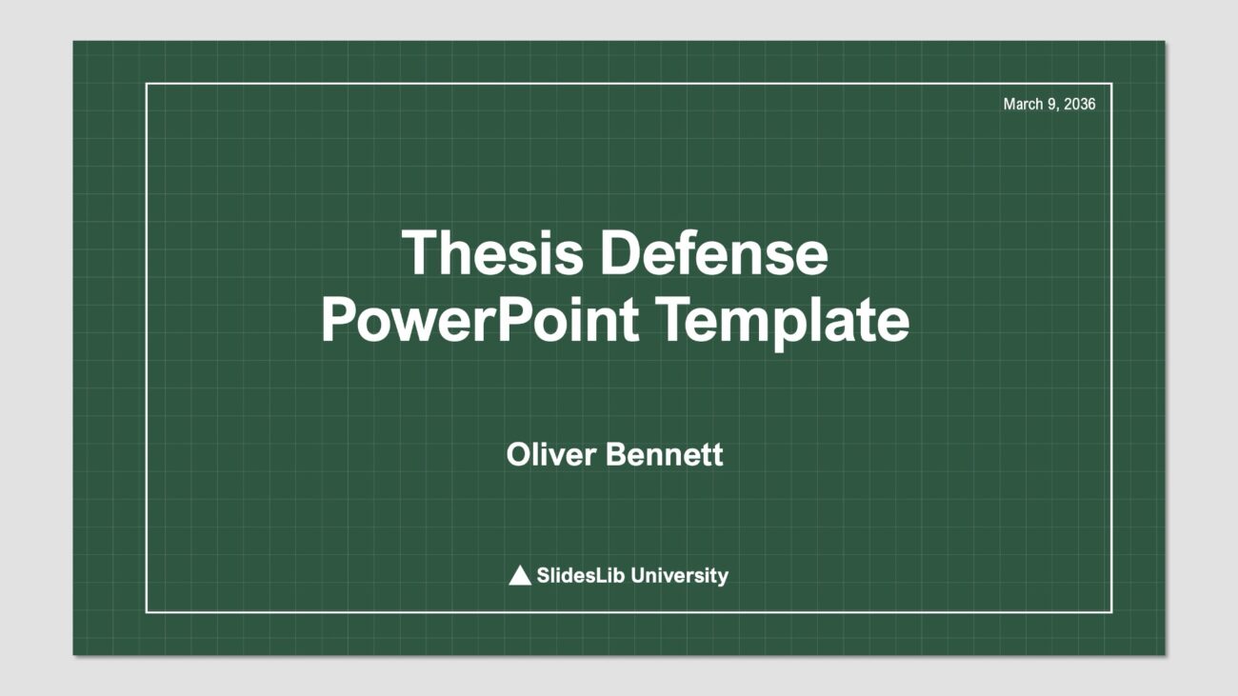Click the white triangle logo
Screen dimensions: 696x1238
click(520, 575)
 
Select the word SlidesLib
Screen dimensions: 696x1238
click(580, 575)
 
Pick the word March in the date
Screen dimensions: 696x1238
click(1023, 104)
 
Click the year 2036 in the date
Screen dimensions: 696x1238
click(1080, 104)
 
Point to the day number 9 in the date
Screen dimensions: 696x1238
click(1051, 104)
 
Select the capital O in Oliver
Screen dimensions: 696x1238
click(518, 455)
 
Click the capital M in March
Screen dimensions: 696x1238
click(1009, 104)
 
